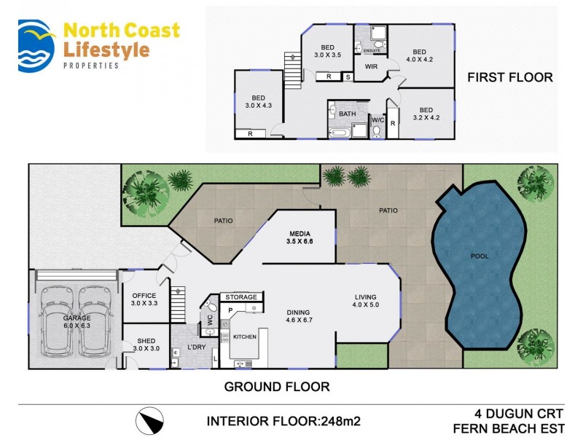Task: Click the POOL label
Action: tap(479, 256)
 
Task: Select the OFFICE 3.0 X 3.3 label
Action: tap(144, 299)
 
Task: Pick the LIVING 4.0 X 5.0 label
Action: tap(366, 301)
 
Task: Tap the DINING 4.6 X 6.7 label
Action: tap(299, 315)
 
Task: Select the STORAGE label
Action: tap(240, 297)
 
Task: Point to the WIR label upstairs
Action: tap(371, 66)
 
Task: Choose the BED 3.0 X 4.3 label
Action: tap(259, 102)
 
